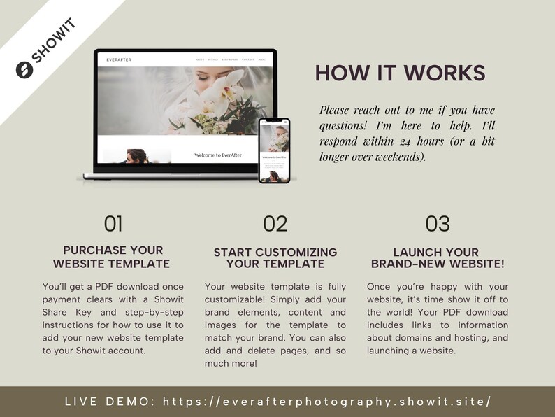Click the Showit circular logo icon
pos(24,70)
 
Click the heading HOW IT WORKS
pos(400,73)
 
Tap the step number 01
pos(113,223)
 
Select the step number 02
pos(275,223)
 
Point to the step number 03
pos(438,223)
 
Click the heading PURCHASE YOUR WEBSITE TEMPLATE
pos(113,257)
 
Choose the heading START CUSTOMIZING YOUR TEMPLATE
pos(275,257)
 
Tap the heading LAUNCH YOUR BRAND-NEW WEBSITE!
pos(438,257)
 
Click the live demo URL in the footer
pos(326,402)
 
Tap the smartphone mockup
pos(274,150)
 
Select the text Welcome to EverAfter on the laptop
pos(218,155)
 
